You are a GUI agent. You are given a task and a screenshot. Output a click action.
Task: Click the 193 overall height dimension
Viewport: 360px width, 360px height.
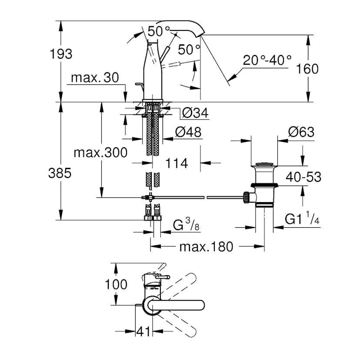point(61,54)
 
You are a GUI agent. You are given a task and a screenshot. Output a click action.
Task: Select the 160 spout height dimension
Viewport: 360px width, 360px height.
point(307,68)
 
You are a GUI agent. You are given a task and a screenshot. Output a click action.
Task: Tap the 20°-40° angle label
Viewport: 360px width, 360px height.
point(267,60)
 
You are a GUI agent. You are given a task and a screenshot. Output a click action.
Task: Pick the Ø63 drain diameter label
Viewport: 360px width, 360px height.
point(301,132)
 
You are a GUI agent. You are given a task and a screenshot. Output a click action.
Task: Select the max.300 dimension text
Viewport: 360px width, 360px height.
point(100,153)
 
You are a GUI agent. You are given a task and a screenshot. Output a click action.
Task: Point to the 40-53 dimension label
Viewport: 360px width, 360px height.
point(303,177)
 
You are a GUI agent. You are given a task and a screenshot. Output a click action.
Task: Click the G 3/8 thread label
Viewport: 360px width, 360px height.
point(186,225)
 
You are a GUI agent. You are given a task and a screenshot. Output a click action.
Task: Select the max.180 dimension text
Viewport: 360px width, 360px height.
point(206,247)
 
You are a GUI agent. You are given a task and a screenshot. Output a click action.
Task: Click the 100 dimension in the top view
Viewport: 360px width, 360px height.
point(117,284)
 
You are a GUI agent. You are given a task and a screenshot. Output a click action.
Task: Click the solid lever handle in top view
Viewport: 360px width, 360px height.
point(183,305)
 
